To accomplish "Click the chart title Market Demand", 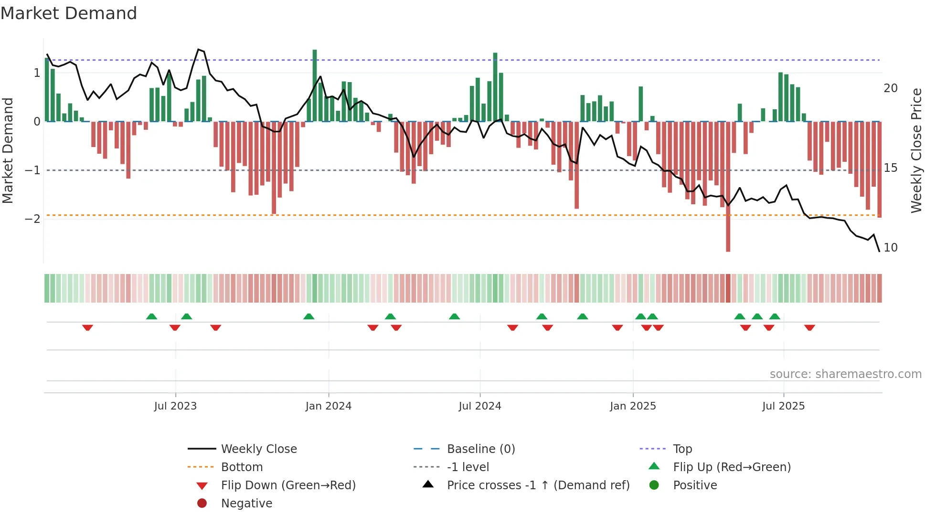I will click(69, 13).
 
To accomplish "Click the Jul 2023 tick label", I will click(175, 406).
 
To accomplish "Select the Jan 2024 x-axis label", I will click(329, 406).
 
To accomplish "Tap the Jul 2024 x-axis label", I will click(480, 406).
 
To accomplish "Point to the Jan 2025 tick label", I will click(633, 406).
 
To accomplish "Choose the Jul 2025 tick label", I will click(783, 406).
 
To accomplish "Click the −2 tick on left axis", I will click(32, 219).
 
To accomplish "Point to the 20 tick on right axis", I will click(891, 88).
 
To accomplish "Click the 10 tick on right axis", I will click(891, 248).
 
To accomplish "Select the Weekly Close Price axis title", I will click(916, 150).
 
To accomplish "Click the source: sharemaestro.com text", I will click(845, 374).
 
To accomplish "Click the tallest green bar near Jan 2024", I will click(315, 86).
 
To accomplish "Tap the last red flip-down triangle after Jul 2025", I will click(809, 327).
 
